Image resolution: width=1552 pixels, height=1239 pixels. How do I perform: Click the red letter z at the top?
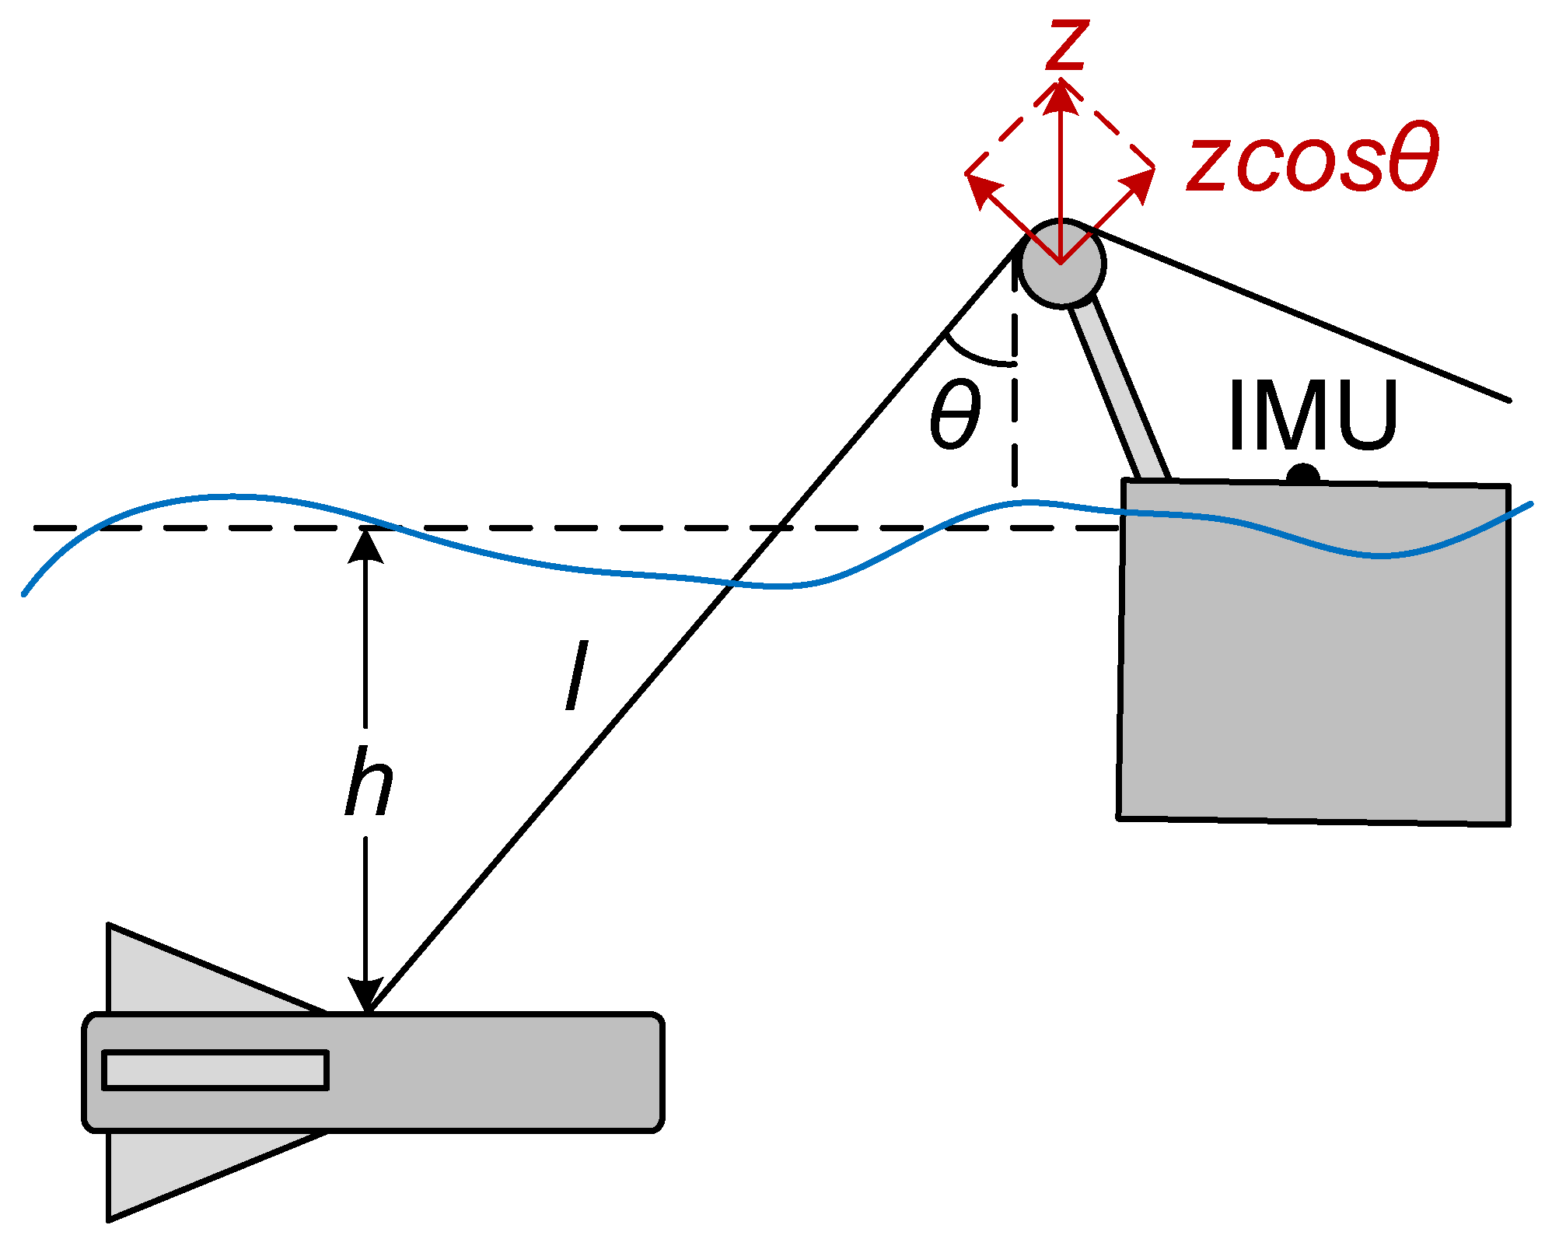click(x=1067, y=45)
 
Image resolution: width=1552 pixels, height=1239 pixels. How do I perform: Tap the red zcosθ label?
click(x=1313, y=161)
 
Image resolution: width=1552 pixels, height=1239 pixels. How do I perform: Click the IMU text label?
click(x=1313, y=415)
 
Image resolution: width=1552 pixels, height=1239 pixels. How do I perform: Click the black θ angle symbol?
click(x=955, y=415)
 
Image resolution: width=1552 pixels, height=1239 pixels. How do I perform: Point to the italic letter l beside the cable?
click(x=576, y=675)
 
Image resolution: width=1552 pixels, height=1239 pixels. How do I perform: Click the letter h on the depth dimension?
click(x=369, y=782)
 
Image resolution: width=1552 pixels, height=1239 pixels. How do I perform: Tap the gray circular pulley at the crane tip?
click(x=1061, y=263)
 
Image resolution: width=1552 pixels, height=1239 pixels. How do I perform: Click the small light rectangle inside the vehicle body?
click(x=215, y=1070)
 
